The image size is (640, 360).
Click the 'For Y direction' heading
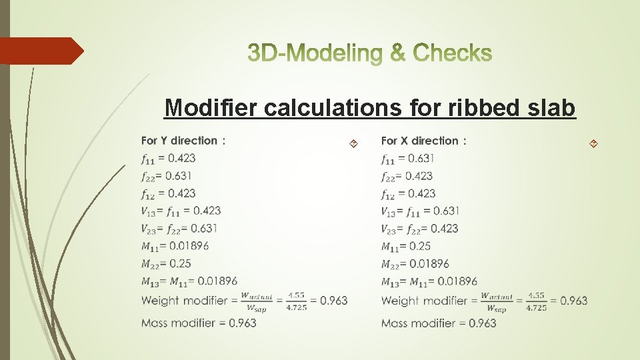click(183, 141)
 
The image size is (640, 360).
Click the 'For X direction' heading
click(423, 141)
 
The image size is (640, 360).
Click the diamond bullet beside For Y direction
click(353, 143)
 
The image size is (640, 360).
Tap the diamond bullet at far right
click(593, 143)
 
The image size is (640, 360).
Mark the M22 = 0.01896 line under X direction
click(415, 263)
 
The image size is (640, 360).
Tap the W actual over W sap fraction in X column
click(497, 301)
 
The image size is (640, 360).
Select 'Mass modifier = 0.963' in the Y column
click(199, 323)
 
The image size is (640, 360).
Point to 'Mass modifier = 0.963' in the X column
click(439, 323)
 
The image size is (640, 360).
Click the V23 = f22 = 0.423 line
click(419, 229)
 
